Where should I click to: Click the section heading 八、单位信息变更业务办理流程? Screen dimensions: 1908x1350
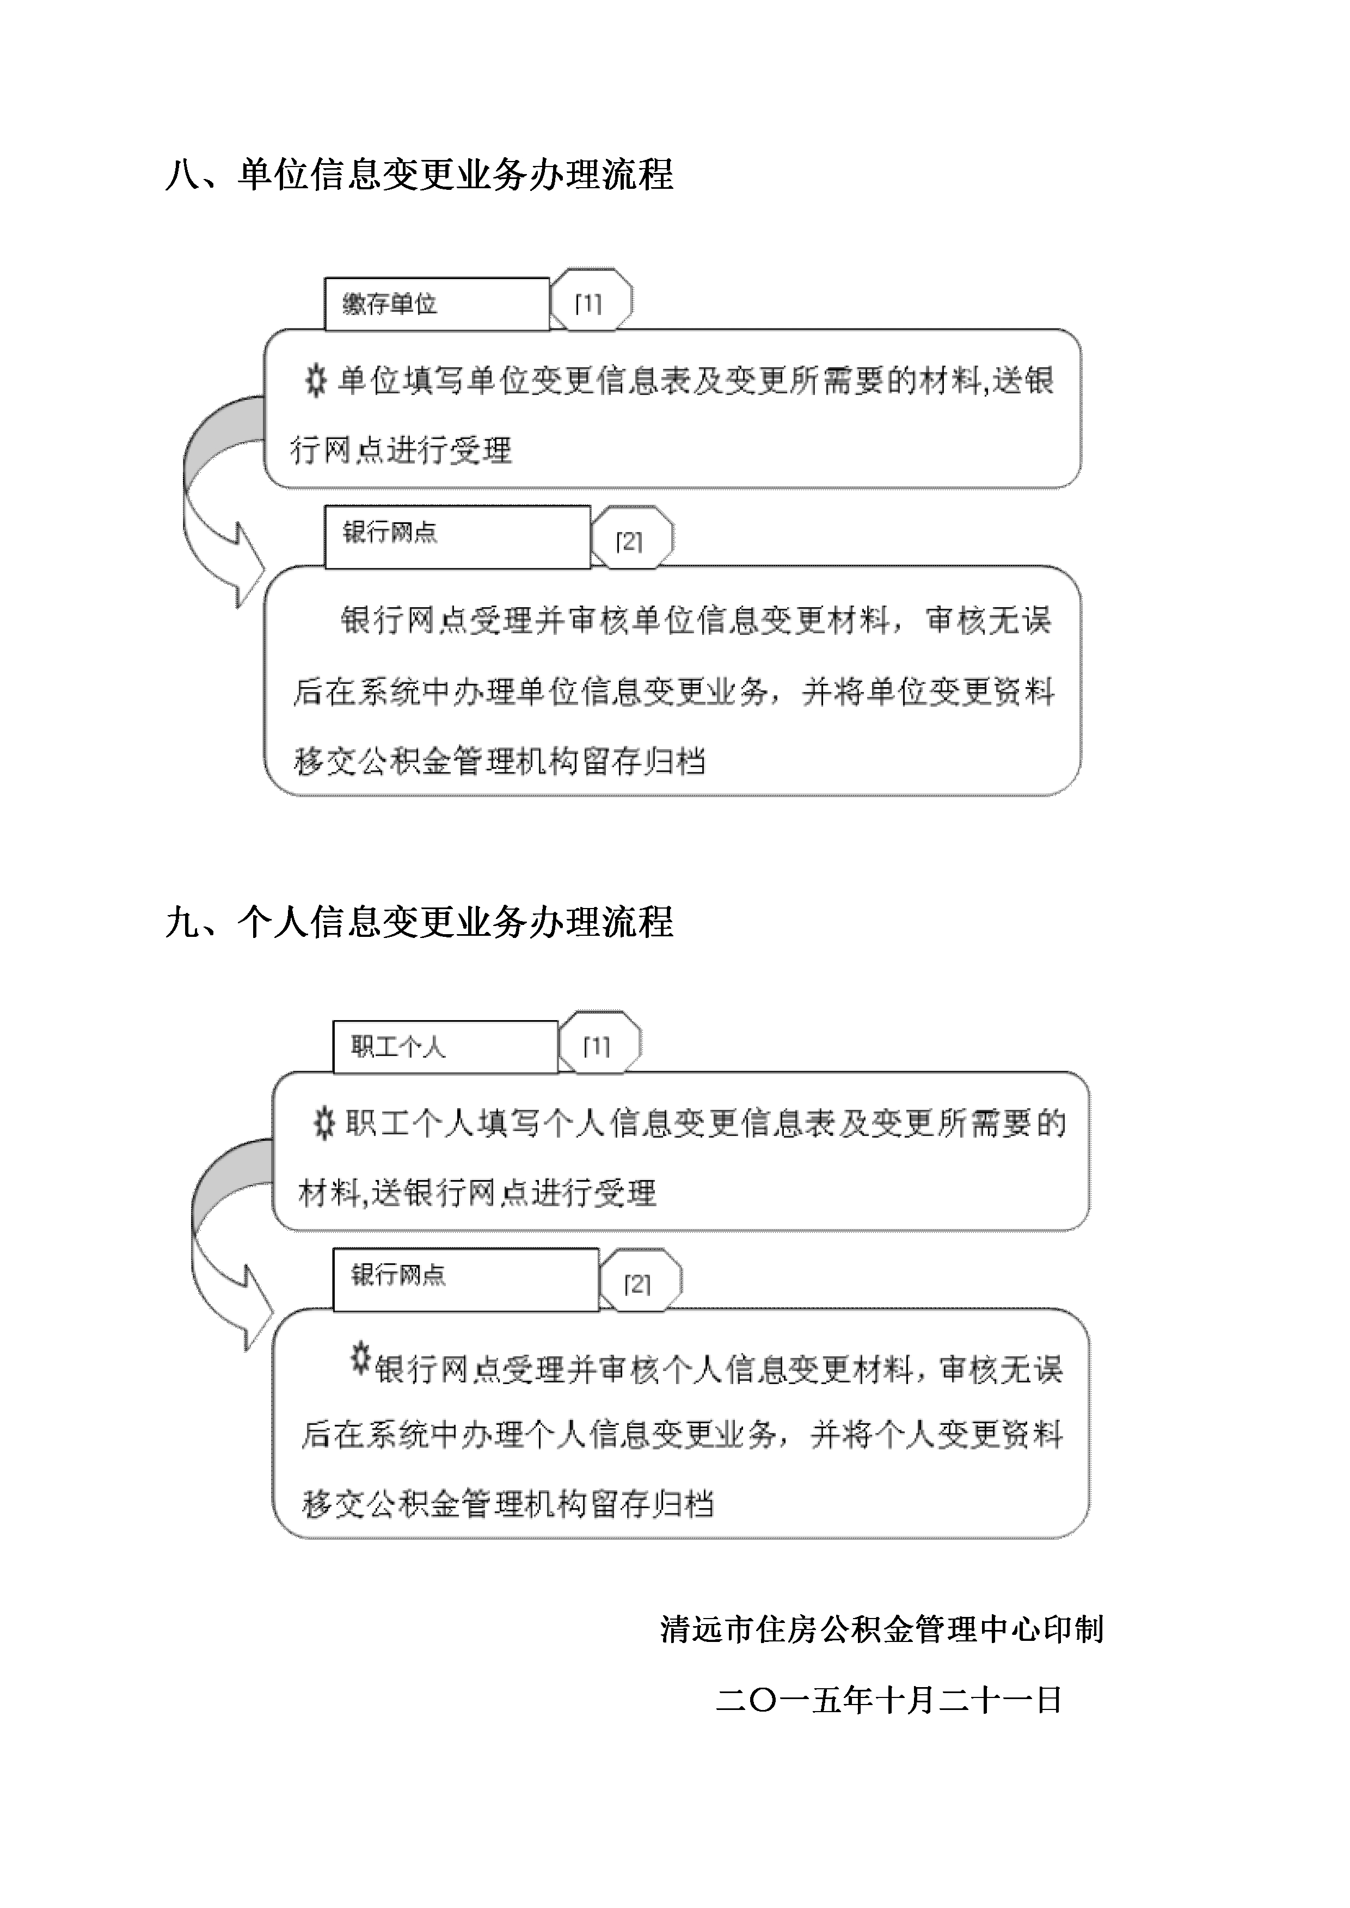click(419, 175)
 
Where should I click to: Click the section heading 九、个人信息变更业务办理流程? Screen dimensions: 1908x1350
click(419, 922)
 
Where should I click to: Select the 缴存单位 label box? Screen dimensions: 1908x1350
click(437, 304)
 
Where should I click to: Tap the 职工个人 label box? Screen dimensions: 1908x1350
click(445, 1047)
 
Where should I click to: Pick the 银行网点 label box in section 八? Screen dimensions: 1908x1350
click(457, 537)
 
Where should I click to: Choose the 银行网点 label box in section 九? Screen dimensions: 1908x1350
click(465, 1280)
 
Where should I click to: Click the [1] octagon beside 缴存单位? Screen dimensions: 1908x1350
click(590, 301)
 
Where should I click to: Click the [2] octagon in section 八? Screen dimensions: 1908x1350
click(631, 539)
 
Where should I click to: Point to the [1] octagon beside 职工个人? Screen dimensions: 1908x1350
click(599, 1043)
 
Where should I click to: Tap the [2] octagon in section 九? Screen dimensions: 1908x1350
click(639, 1281)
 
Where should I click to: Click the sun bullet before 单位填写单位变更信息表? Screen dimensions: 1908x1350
click(315, 381)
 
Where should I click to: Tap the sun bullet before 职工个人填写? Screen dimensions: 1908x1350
click(323, 1125)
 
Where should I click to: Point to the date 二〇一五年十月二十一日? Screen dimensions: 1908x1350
click(888, 1700)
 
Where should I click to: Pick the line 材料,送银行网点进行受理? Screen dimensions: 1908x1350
click(477, 1193)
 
